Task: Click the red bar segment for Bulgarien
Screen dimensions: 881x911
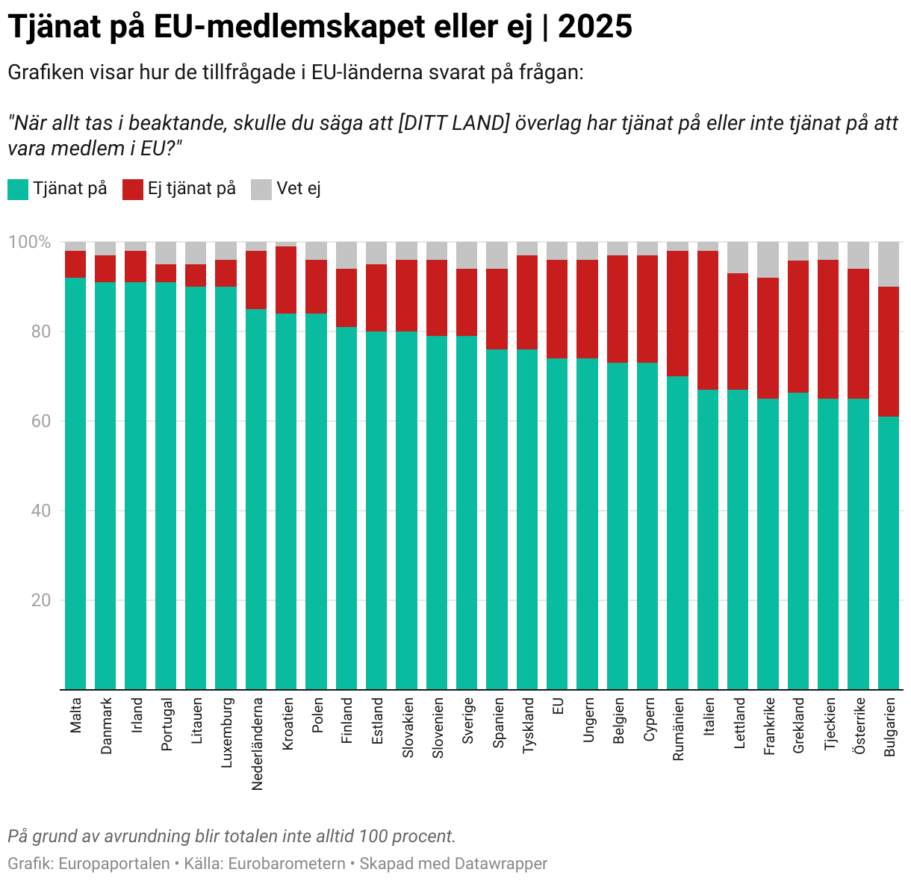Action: (889, 351)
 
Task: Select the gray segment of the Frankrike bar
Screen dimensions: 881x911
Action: (768, 260)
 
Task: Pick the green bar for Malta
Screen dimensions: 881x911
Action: (75, 483)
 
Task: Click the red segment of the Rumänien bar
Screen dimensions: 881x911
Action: (678, 314)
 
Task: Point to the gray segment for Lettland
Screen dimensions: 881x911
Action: (739, 258)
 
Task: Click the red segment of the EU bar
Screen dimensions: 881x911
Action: (557, 309)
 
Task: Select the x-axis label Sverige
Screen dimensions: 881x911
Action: (468, 720)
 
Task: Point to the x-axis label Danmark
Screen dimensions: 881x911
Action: (106, 726)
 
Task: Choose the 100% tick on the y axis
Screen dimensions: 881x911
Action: (29, 243)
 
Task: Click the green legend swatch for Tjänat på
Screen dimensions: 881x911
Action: (18, 189)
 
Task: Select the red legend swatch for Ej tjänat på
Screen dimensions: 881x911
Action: (133, 189)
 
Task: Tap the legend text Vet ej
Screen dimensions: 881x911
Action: (299, 189)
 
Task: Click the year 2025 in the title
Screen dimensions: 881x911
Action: (595, 28)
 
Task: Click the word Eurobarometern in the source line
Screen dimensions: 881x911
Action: (287, 864)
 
